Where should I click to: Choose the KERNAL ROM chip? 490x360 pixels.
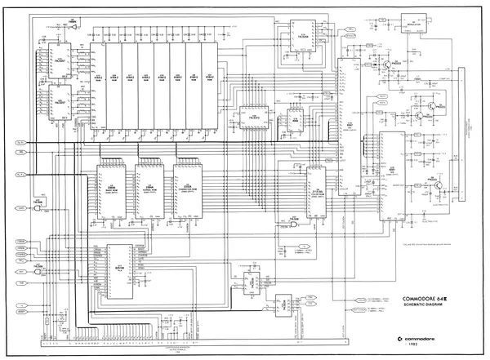pyautogui.click(x=149, y=184)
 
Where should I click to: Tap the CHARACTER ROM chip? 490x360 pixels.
pyautogui.click(x=185, y=184)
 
